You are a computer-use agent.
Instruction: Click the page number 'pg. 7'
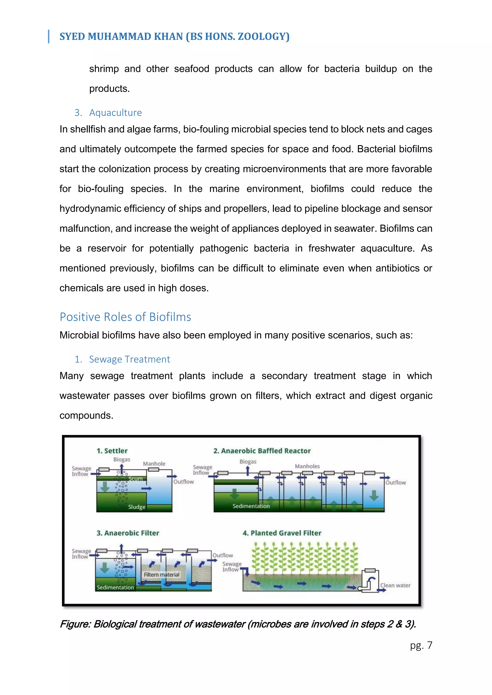point(421,645)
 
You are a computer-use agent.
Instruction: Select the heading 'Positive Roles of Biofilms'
point(125,317)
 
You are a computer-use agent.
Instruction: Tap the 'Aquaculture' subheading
point(115,113)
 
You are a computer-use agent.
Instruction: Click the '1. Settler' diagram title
point(112,451)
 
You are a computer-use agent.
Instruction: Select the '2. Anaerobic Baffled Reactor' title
point(262,451)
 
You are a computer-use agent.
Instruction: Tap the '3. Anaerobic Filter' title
point(128,533)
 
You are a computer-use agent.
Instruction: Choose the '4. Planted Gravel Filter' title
point(282,533)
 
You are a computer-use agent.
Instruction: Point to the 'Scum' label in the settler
point(135,479)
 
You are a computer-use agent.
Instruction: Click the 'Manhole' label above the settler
point(154,464)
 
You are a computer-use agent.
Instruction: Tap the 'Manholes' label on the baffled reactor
point(307,466)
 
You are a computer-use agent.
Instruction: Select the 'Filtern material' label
point(161,575)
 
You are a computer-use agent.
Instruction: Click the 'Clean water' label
point(395,585)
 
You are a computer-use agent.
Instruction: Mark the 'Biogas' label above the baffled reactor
point(248,462)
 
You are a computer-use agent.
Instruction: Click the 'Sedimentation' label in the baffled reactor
point(251,506)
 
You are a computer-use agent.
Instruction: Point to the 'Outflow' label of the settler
point(184,482)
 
